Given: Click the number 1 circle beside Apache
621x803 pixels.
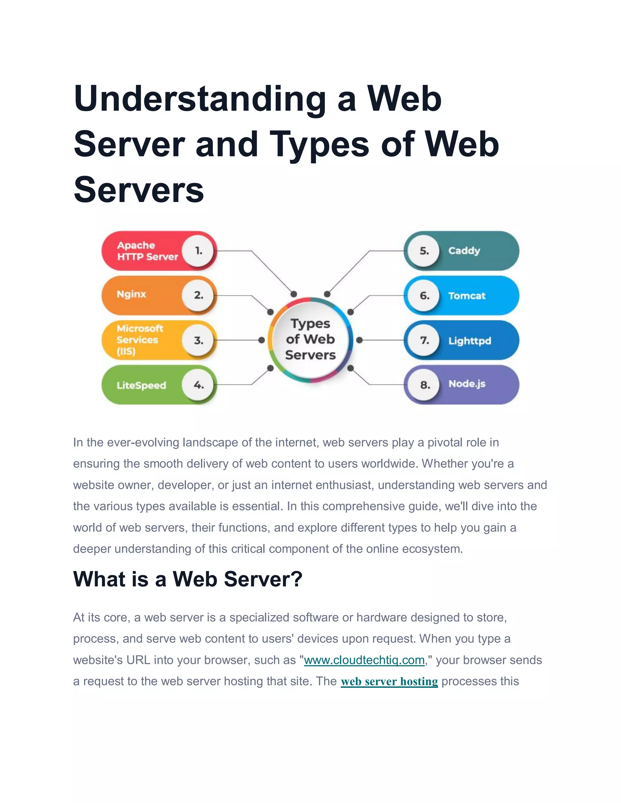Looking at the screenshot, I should pos(199,251).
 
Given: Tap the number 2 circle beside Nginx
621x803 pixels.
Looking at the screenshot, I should pos(199,295).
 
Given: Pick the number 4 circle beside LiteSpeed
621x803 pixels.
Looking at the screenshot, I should pos(199,385).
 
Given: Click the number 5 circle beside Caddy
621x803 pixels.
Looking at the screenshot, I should pos(424,251).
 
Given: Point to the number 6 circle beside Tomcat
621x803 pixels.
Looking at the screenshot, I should pos(424,296).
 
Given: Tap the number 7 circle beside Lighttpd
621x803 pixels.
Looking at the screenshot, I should pos(424,341).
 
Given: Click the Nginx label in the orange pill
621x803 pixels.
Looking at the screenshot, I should pos(131,294).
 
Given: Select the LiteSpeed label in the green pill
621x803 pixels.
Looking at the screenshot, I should pos(141,385).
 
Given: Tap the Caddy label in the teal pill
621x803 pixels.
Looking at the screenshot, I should pos(464,251).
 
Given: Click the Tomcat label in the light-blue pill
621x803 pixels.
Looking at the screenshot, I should pos(466,296).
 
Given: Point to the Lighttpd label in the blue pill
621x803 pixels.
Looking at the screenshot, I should pos(469,341).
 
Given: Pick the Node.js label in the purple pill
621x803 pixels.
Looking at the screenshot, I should pos(466,384).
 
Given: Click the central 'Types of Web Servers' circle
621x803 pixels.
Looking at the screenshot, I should pos(310,339).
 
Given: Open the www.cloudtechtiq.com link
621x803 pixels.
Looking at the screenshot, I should pos(364,660).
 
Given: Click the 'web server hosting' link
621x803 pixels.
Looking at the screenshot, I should pos(389,681).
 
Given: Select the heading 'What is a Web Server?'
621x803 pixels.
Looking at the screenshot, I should pos(188,579).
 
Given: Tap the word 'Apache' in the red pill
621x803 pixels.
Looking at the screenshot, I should pos(136,245).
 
